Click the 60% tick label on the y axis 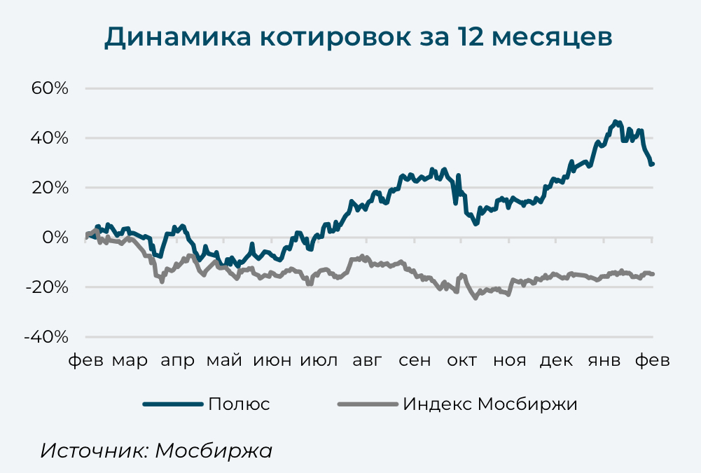pyautogui.click(x=48, y=88)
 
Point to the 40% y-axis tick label pyautogui.click(x=48, y=138)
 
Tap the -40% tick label pyautogui.click(x=46, y=336)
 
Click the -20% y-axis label pyautogui.click(x=46, y=287)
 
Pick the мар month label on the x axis pyautogui.click(x=130, y=360)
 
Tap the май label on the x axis pyautogui.click(x=224, y=360)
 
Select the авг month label pyautogui.click(x=368, y=360)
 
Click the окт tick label pyautogui.click(x=462, y=360)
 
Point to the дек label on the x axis pyautogui.click(x=557, y=360)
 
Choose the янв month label pyautogui.click(x=604, y=360)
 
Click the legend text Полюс pyautogui.click(x=239, y=404)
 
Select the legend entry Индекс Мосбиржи pyautogui.click(x=490, y=404)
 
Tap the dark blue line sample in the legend pyautogui.click(x=172, y=404)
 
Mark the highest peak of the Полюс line pyautogui.click(x=615, y=122)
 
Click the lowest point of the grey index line pyautogui.click(x=476, y=298)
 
